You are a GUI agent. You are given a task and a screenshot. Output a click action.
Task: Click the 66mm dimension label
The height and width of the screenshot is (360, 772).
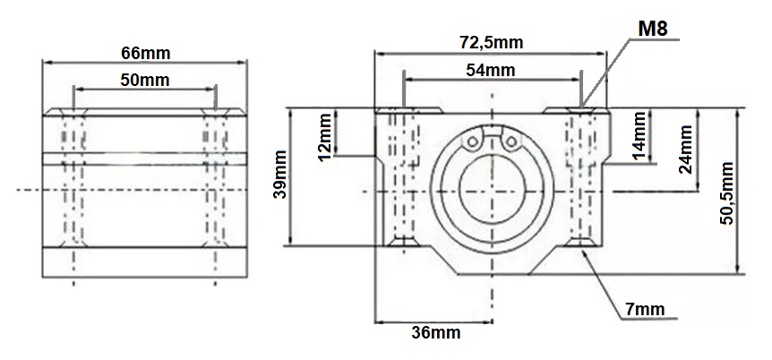pyautogui.click(x=145, y=53)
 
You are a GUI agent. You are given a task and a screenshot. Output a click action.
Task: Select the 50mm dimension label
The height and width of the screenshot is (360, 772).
pyautogui.click(x=145, y=80)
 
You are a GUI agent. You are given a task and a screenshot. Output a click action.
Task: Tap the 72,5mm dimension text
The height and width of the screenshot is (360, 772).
pyautogui.click(x=492, y=43)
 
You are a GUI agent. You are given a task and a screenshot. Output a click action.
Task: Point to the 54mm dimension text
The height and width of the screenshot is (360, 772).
pyautogui.click(x=491, y=71)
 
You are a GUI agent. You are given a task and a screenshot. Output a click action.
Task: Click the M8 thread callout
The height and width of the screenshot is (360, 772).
pyautogui.click(x=652, y=29)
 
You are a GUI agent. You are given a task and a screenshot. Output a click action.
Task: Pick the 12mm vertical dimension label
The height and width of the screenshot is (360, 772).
pyautogui.click(x=325, y=137)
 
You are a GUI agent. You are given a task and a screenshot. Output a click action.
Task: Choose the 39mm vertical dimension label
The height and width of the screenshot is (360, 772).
pyautogui.click(x=279, y=175)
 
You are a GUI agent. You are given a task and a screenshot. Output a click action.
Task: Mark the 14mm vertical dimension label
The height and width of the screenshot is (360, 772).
pyautogui.click(x=639, y=135)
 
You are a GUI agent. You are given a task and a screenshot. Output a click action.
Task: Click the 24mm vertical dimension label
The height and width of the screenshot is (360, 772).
pyautogui.click(x=685, y=150)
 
